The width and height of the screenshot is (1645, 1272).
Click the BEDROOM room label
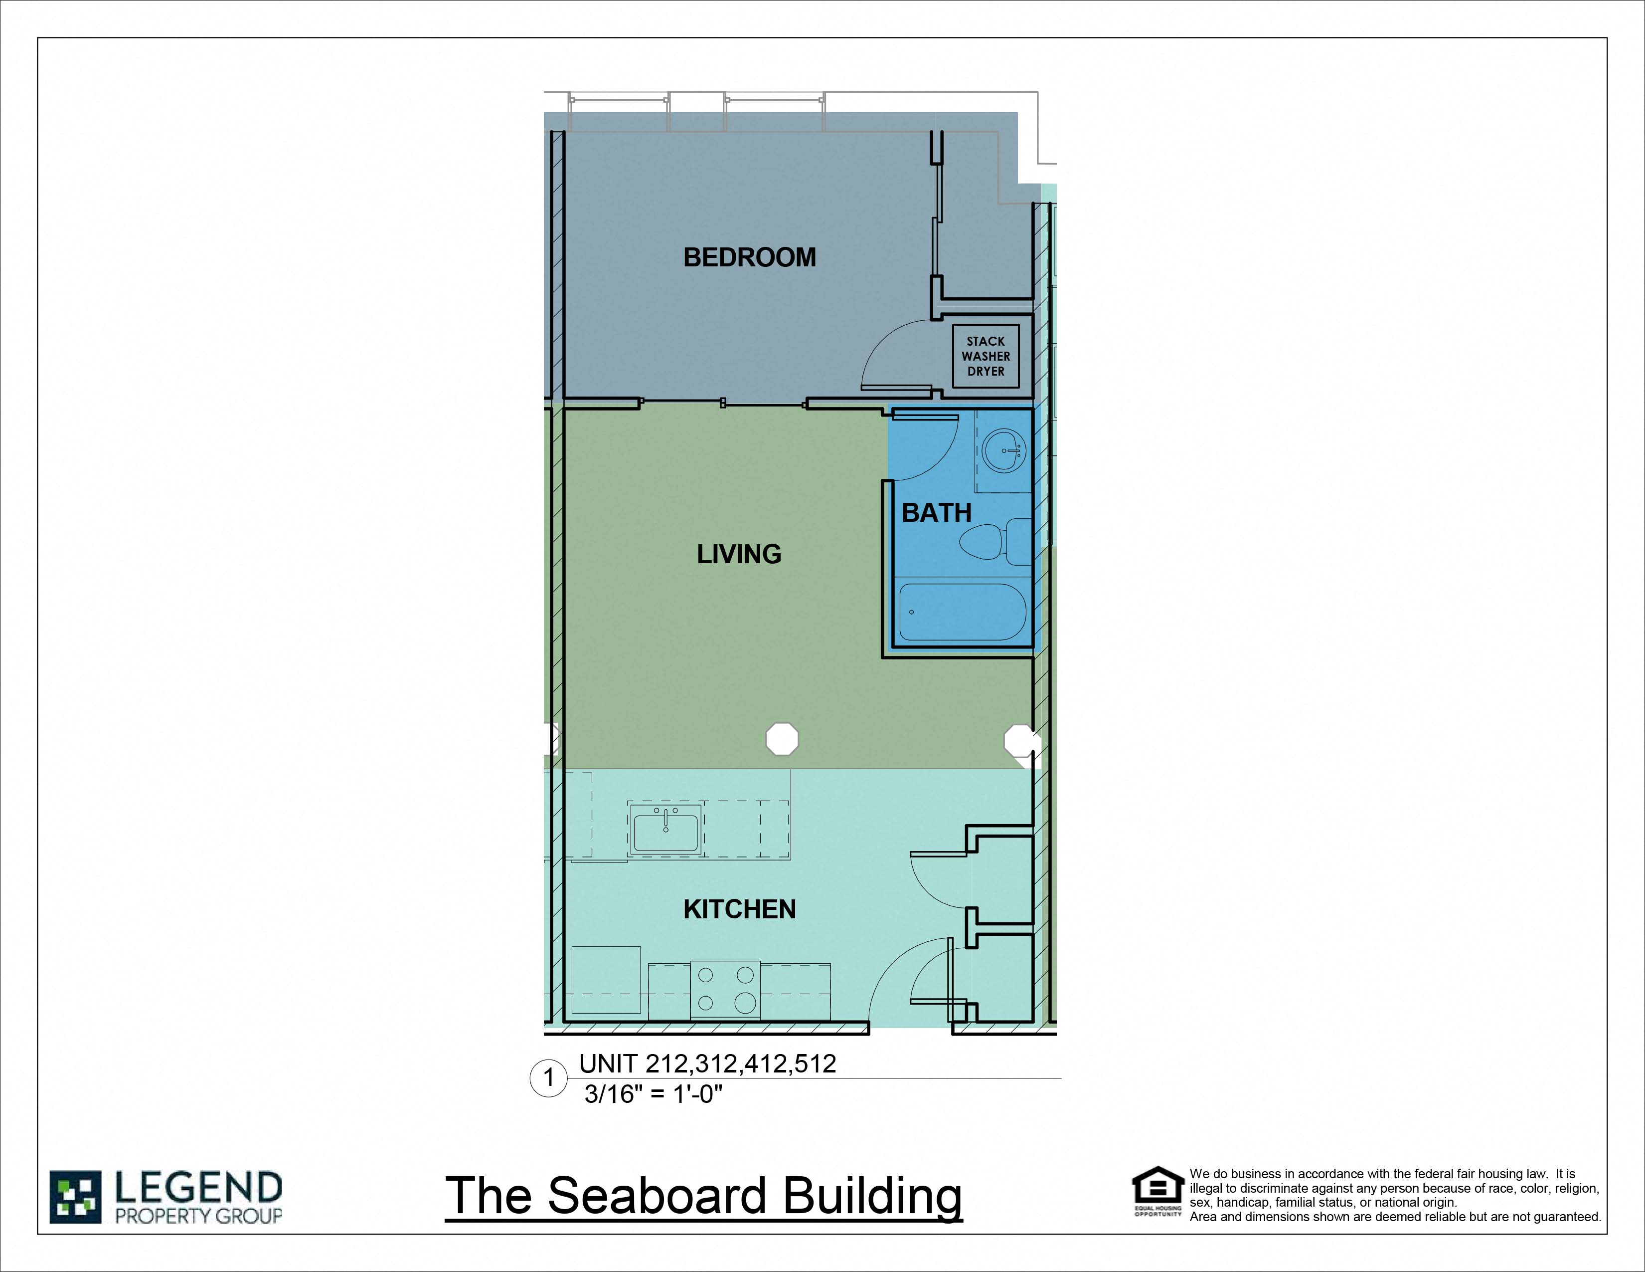pos(749,258)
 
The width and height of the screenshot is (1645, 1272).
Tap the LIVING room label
pos(739,555)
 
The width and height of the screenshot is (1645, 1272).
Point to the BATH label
pos(936,513)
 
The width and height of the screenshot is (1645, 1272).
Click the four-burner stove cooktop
pos(725,990)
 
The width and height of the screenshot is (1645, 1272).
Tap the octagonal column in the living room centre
pos(782,739)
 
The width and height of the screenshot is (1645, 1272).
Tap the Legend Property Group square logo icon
pos(75,1197)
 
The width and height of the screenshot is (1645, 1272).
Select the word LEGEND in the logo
pos(198,1188)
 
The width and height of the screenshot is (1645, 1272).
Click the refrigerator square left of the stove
pos(606,980)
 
